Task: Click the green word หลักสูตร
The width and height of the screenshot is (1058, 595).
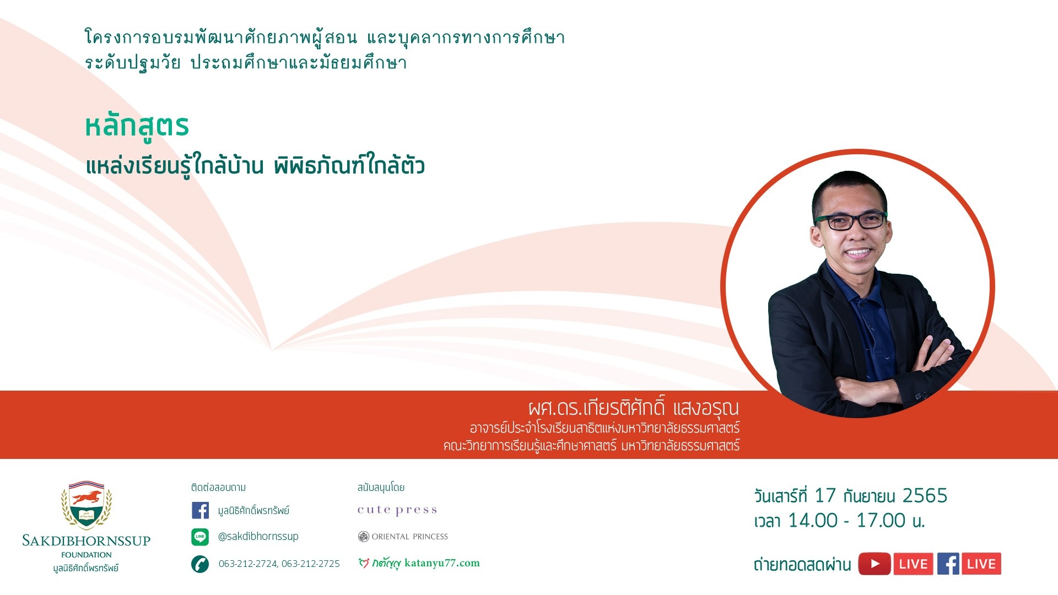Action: coord(137,127)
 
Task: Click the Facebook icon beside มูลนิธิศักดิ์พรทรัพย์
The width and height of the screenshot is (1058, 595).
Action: coord(200,510)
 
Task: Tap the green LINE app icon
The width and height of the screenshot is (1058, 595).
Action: coord(200,537)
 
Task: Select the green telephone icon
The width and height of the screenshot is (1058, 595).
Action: coord(200,564)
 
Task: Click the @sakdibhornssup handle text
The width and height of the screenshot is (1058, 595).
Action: coord(258,537)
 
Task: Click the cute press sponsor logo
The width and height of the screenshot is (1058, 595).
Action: coord(397,510)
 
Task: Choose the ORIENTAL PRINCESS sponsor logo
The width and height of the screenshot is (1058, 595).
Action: coord(403,537)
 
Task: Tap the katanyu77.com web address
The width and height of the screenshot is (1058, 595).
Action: coord(442,563)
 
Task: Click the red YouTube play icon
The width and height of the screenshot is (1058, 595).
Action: coord(875,564)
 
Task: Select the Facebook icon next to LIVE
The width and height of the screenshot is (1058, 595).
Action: coord(948,564)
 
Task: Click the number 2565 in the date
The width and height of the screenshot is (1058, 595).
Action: coord(925,496)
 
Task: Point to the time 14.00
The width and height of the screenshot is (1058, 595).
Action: coord(813,521)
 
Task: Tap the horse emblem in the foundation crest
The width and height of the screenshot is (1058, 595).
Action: coord(87,497)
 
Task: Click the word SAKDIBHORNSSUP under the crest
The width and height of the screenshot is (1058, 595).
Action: coord(87,540)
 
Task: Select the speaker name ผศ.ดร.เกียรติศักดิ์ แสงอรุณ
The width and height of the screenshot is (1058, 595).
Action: coord(634,407)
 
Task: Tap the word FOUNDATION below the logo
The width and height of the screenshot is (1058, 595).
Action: coord(87,555)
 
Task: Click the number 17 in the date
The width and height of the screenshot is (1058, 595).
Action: coord(825,496)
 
